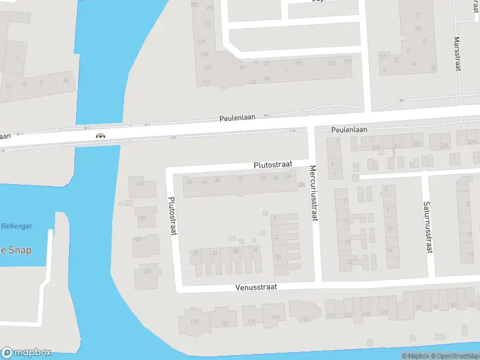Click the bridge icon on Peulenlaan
(101, 136)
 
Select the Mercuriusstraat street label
(313, 193)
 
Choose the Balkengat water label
(16, 226)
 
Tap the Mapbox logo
(26, 353)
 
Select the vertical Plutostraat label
(173, 216)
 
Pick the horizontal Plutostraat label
(273, 164)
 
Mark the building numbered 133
(140, 184)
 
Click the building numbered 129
(142, 218)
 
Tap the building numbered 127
(137, 239)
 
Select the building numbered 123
(194, 322)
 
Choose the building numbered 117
(275, 318)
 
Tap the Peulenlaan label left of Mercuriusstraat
(241, 118)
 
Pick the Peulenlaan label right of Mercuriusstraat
(349, 130)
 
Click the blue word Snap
(19, 250)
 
